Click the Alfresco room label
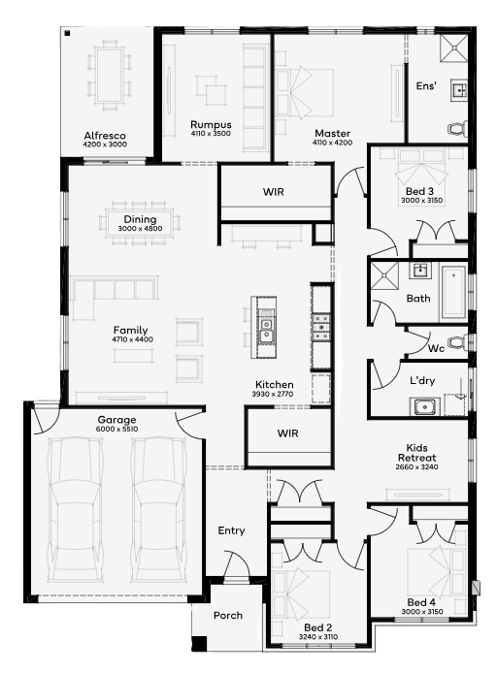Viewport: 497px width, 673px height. [x=105, y=136]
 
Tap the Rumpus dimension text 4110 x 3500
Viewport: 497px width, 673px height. [x=211, y=134]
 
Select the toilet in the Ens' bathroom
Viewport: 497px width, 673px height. [x=458, y=128]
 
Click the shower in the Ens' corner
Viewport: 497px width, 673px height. [x=453, y=48]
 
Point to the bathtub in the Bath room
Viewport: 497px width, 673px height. [x=453, y=292]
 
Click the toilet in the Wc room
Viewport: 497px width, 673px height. [x=458, y=342]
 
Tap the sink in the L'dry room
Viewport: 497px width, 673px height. [x=424, y=406]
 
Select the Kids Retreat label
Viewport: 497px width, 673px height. [x=416, y=453]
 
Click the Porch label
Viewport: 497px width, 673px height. [x=228, y=615]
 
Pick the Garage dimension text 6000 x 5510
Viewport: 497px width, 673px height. [x=116, y=429]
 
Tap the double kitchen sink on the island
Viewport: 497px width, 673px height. [x=266, y=329]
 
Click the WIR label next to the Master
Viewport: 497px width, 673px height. [x=274, y=191]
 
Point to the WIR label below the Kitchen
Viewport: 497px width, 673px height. [x=287, y=433]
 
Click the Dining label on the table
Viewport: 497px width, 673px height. [x=140, y=219]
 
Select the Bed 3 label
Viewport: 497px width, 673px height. [x=419, y=191]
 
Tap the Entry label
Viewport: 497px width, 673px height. [x=231, y=530]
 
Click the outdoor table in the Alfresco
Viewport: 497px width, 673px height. [x=109, y=75]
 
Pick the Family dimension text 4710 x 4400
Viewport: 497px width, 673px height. [x=132, y=339]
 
